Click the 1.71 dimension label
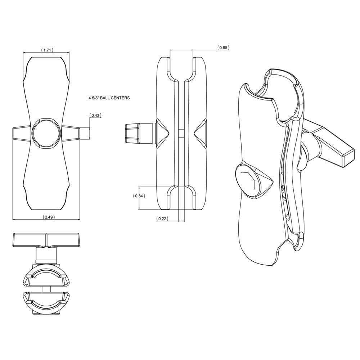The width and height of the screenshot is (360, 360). coord(47,50)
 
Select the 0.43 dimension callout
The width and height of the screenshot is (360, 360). coord(96,116)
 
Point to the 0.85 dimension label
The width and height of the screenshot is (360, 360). coord(223,48)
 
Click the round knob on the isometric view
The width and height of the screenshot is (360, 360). coord(249,181)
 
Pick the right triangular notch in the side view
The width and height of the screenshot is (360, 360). coord(200,133)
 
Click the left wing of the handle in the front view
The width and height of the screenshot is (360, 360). coord(21,133)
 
